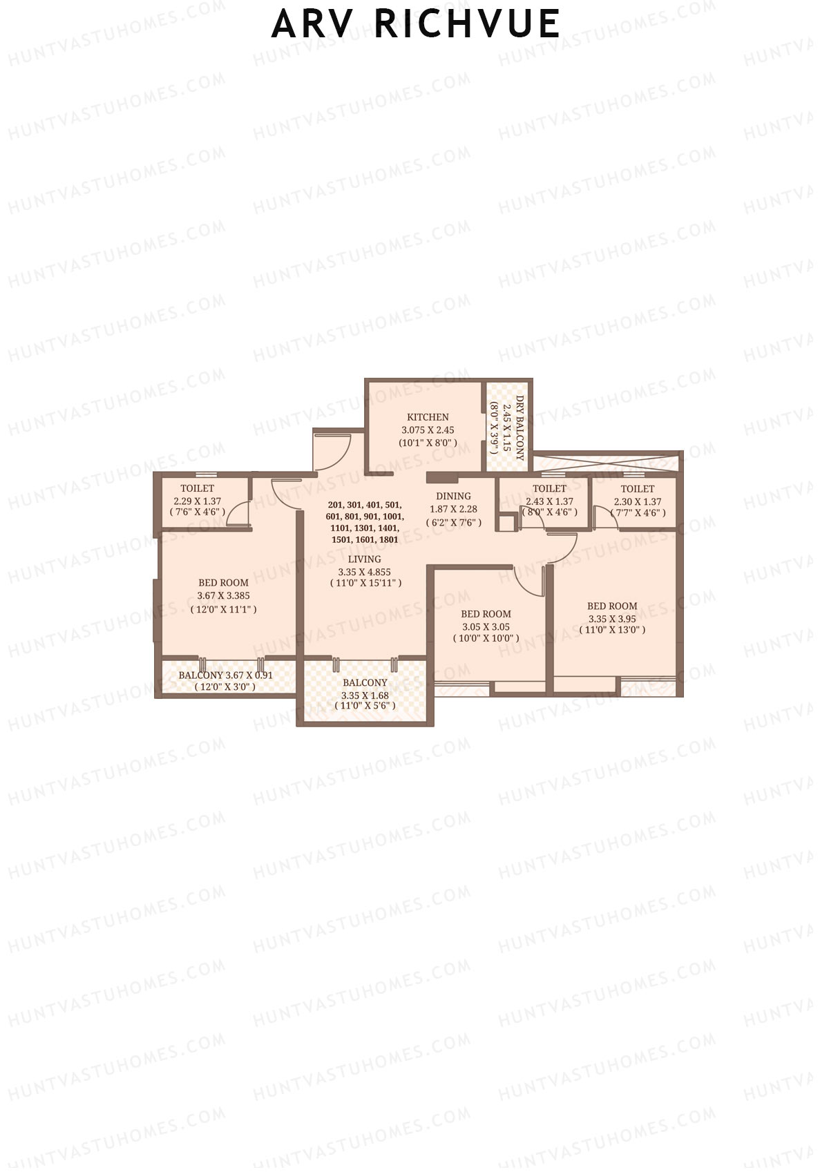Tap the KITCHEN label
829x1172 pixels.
[428, 417]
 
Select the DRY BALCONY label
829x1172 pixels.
[520, 428]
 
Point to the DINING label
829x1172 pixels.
[453, 496]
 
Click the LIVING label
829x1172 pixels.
[364, 559]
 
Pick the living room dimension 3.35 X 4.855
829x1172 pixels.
[364, 572]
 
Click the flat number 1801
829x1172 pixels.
[389, 539]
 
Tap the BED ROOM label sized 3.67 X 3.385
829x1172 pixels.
[223, 583]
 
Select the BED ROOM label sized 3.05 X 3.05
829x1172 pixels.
[486, 614]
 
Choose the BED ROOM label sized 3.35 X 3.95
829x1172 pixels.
[612, 606]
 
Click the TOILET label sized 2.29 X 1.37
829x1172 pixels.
[198, 488]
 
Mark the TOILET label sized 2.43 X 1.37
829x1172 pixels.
[549, 489]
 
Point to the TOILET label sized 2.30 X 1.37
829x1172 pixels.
[637, 489]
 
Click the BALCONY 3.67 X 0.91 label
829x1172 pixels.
[225, 675]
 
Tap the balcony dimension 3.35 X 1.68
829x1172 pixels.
[364, 695]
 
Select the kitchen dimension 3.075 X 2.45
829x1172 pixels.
[428, 430]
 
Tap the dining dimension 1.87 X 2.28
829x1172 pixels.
[453, 509]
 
